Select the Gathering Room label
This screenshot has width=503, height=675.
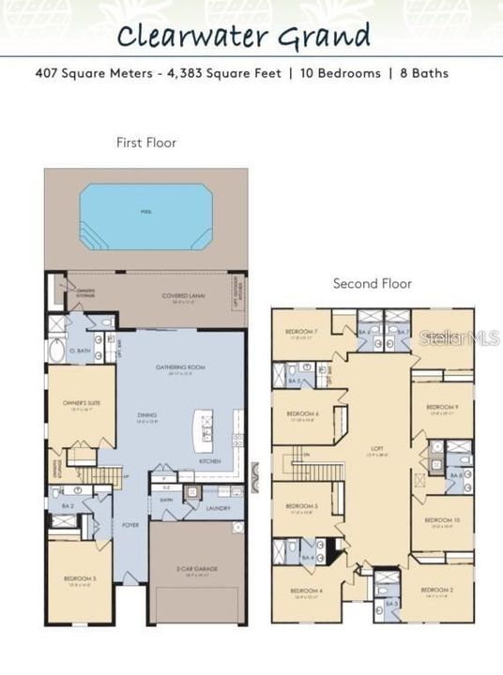pos(180,367)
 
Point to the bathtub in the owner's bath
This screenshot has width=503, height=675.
pos(57,352)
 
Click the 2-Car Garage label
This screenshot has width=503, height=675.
pos(196,569)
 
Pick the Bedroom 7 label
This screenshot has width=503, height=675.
pos(301,332)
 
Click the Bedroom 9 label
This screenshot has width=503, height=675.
pos(441,407)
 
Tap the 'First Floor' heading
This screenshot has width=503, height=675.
pos(145,142)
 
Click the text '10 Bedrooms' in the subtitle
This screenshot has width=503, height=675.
pos(342,72)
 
